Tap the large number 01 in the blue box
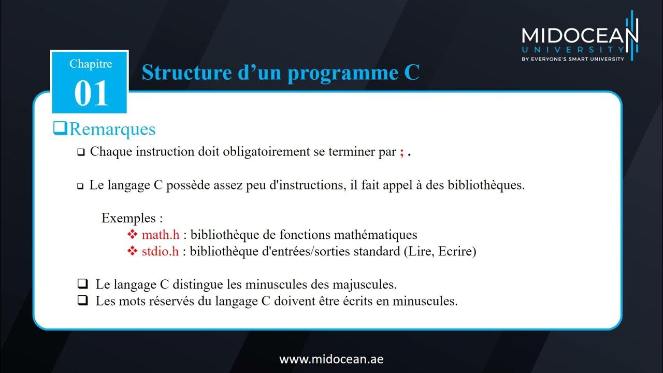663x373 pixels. coord(91,94)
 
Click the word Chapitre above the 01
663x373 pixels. coord(91,64)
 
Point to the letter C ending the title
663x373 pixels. coord(411,73)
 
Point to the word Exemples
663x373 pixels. coord(128,218)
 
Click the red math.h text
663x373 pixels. coord(161,235)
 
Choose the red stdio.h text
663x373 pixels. coord(161,252)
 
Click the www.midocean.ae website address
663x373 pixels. coord(331,359)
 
